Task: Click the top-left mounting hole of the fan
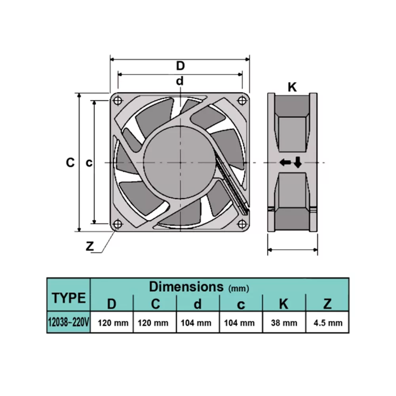coord(117,100)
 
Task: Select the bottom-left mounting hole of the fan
coord(117,224)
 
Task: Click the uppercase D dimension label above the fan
coord(180,65)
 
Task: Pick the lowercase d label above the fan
coord(180,81)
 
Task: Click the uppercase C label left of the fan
coord(70,162)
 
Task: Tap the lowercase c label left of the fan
coord(89,162)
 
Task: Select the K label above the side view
coord(292,87)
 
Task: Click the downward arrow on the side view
coord(297,162)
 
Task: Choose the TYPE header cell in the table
coord(69,298)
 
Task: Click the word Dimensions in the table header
coord(186,286)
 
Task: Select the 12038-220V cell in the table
coord(69,323)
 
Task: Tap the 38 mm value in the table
coord(284,323)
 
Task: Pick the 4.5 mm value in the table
coord(327,323)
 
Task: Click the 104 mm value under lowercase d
coord(197,323)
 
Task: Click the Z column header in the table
coord(327,304)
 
